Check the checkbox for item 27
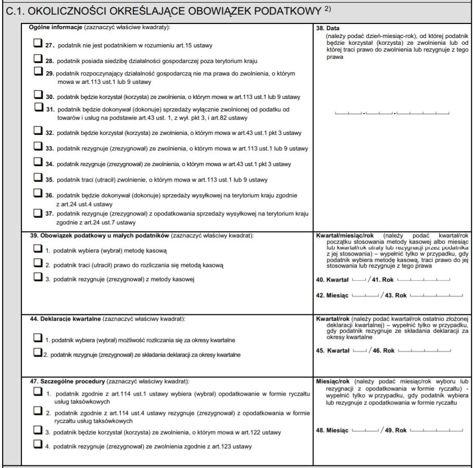tap(38, 45)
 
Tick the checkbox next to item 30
tap(38, 95)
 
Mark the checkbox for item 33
tap(38, 147)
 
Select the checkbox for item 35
tap(38, 178)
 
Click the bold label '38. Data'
tap(326, 28)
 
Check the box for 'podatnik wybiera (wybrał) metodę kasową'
tap(38, 249)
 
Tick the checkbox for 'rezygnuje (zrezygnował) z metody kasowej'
tap(38, 278)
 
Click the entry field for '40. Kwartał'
tap(359, 280)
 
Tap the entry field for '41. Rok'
tap(423, 280)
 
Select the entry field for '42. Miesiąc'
tap(364, 295)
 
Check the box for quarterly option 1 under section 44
tap(38, 338)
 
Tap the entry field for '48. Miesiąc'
tap(365, 430)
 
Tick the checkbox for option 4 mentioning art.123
tap(38, 445)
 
